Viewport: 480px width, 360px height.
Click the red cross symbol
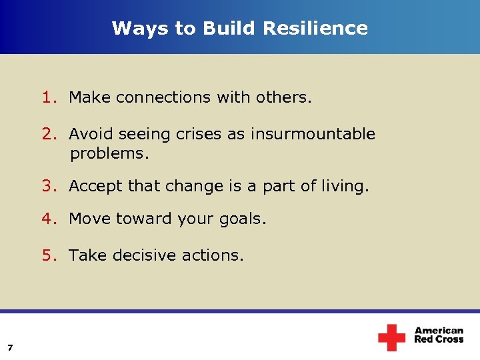point(391,337)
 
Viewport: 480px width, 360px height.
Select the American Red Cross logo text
point(439,335)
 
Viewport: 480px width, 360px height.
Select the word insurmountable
point(313,134)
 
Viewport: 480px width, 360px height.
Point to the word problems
point(109,154)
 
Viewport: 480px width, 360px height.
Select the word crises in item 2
point(199,134)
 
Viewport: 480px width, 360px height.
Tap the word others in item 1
point(286,98)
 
